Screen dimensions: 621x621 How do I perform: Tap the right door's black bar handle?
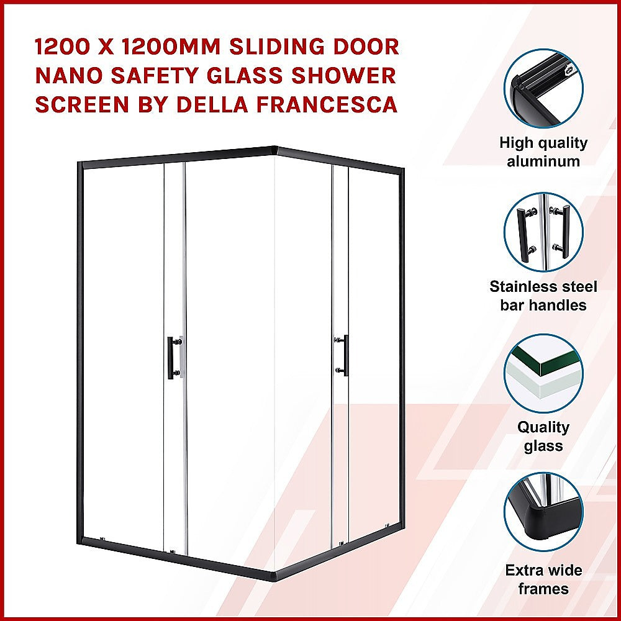[345, 355]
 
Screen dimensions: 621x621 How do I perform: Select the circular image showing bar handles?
[543, 232]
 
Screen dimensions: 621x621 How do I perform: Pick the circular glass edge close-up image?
[543, 373]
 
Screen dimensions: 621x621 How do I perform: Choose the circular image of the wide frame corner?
[543, 515]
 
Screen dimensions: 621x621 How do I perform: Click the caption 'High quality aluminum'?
[543, 152]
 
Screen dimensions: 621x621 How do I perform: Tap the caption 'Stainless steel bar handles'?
[543, 296]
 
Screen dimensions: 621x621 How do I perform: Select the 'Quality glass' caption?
[543, 437]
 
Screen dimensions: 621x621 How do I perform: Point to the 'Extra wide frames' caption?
[543, 579]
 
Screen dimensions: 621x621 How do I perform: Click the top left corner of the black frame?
[80, 164]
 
